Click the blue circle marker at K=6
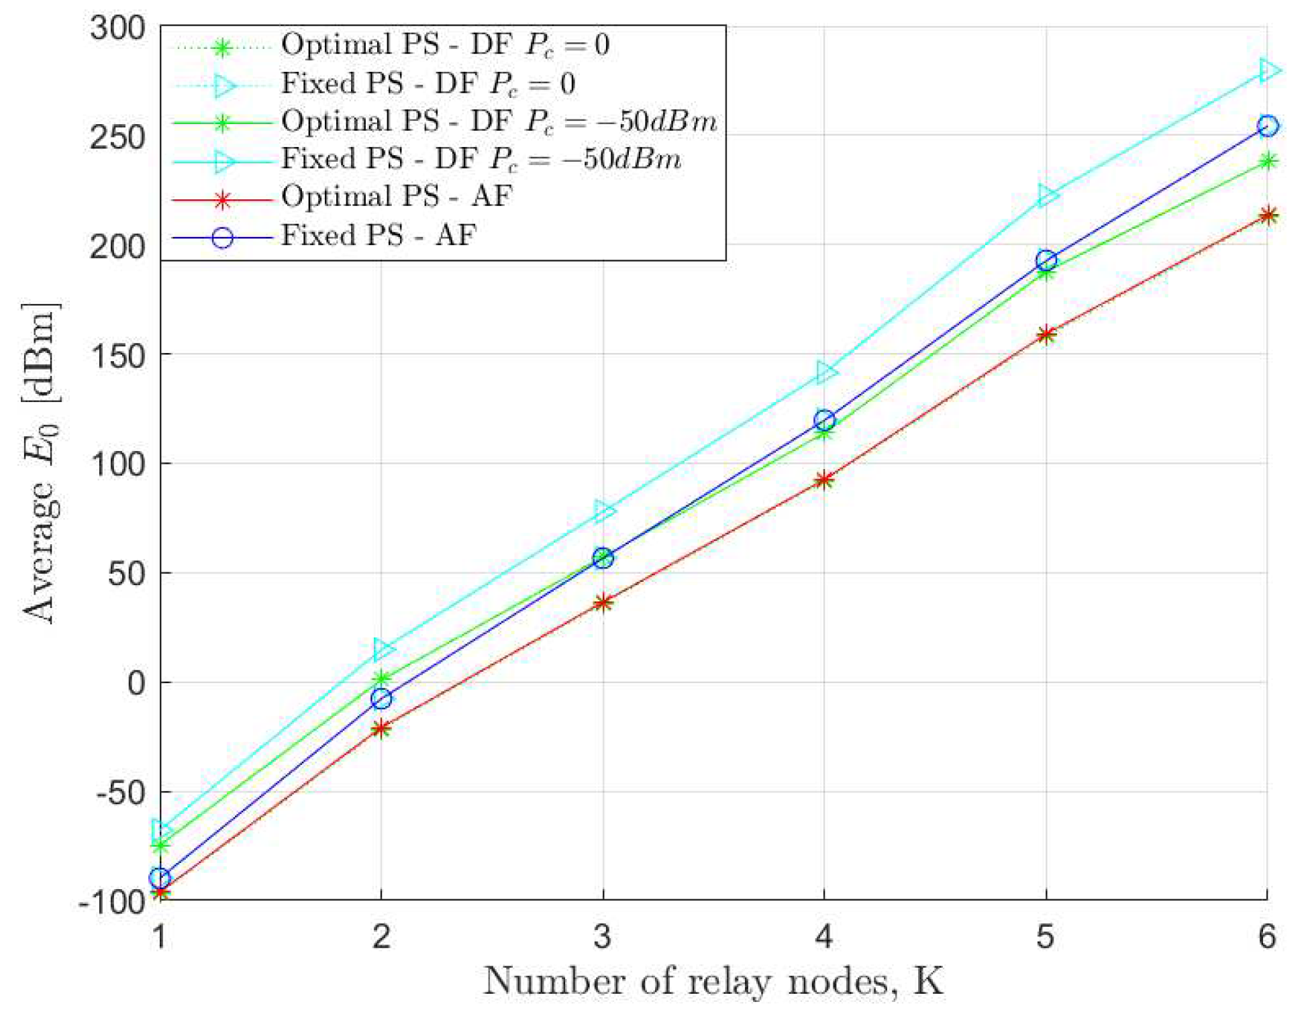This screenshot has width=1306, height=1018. coord(1266,125)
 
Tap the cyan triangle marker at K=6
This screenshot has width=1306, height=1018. coord(1268,70)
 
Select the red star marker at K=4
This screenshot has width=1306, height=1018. coord(824,480)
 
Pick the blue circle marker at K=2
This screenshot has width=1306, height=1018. coord(381,699)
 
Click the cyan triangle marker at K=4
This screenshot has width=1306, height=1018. coord(825,372)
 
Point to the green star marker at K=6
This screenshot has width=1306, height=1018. coord(1267,161)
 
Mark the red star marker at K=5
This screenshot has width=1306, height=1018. coord(1046,334)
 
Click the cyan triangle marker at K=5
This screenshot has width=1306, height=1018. coord(1047,195)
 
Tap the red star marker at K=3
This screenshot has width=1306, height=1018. coord(603,602)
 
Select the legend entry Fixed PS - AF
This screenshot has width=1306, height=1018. coord(379,236)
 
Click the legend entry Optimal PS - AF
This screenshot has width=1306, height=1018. coord(396,197)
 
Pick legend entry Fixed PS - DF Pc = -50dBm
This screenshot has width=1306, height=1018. coord(481,160)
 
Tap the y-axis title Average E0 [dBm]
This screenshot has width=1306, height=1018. coord(42,463)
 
